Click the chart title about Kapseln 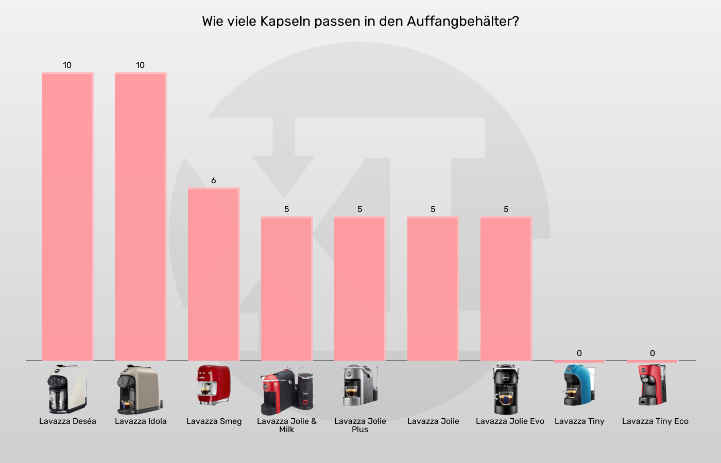[360, 22]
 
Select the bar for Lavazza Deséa [67, 216]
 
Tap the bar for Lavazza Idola [140, 216]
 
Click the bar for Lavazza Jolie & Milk [286, 288]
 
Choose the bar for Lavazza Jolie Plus [359, 288]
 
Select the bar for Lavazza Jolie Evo [506, 288]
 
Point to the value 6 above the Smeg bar [213, 181]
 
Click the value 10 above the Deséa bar [67, 65]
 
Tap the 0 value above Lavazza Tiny [579, 353]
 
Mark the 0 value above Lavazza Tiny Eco [652, 353]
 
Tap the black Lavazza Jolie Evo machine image [506, 389]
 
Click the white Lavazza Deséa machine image [67, 389]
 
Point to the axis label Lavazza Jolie [433, 421]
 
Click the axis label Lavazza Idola [141, 421]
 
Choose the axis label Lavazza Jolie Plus [360, 425]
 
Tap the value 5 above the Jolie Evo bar [506, 209]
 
